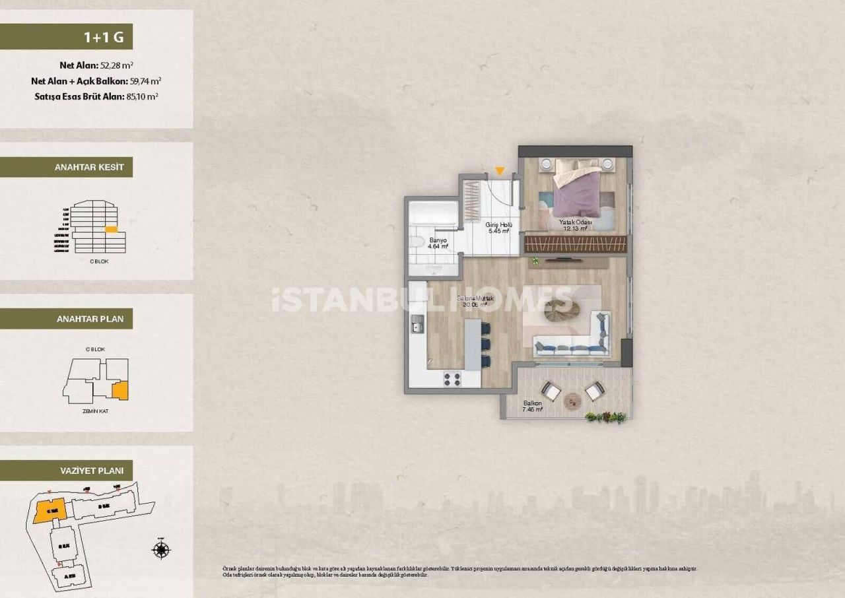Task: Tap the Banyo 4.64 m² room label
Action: [x=438, y=243]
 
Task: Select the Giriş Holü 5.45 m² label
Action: [x=498, y=228]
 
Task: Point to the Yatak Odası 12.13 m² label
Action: [x=575, y=226]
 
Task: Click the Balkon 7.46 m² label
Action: [x=532, y=406]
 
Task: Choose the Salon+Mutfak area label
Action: [x=475, y=302]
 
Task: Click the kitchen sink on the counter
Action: [x=417, y=324]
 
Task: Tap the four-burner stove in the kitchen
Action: [x=452, y=379]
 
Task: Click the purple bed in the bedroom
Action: [x=578, y=191]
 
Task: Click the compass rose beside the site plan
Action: [x=160, y=549]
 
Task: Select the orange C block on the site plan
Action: [x=48, y=510]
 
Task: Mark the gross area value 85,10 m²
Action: [x=141, y=96]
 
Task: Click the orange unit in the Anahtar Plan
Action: [x=119, y=391]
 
